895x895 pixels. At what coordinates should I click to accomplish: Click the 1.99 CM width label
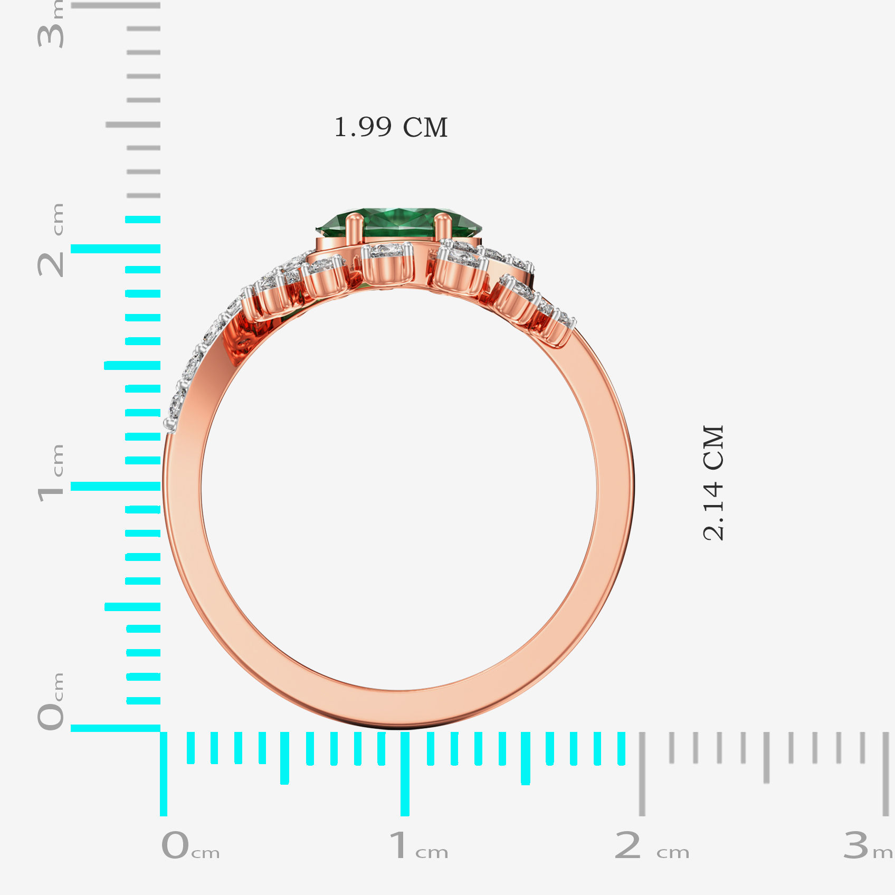391,127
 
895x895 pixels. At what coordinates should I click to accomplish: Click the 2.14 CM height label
714,483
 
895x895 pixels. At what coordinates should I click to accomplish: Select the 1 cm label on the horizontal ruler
418,845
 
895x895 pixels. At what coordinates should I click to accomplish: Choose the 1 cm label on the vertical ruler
51,473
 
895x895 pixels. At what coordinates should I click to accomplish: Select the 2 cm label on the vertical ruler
51,240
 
